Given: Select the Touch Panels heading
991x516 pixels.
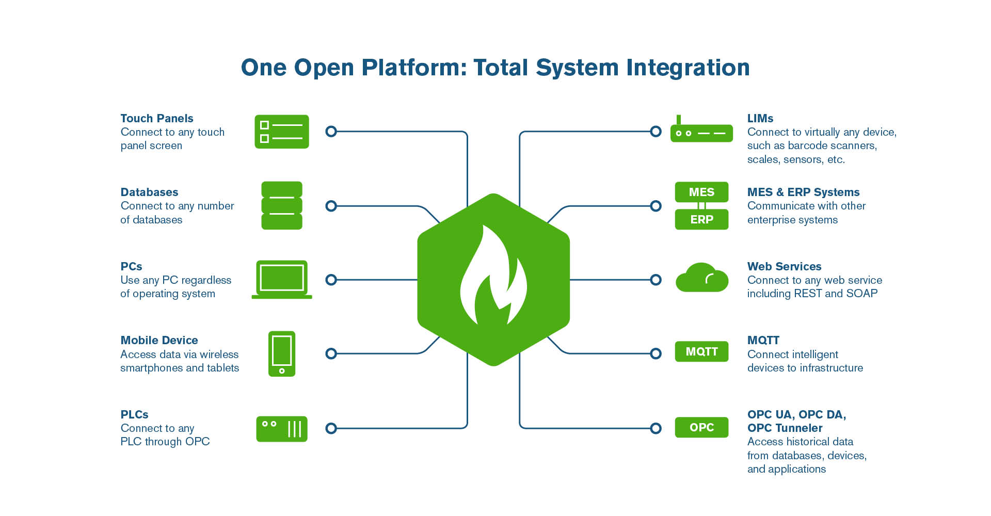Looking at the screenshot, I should tap(157, 118).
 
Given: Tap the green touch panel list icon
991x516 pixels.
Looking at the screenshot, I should tap(282, 132).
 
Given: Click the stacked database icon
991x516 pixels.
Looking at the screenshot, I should tap(282, 205).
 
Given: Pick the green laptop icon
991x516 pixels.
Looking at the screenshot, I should tap(282, 279).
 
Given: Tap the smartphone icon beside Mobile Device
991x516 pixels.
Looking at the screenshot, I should tap(282, 353).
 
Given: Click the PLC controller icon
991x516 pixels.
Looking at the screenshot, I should tap(282, 429).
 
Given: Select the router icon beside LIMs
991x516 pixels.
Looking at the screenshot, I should tap(701, 132).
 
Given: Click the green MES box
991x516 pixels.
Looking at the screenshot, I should tap(701, 192).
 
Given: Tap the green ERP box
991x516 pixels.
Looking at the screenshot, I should tap(701, 219).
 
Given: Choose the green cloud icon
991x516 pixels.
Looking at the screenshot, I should tap(701, 279).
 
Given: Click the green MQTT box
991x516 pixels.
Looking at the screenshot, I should tap(701, 351).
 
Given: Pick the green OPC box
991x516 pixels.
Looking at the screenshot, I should tap(701, 427).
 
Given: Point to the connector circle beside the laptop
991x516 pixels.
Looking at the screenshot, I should tap(331, 280).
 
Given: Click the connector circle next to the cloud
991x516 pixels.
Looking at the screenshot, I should tap(656, 280).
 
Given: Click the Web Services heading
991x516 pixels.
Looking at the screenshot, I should tap(784, 266).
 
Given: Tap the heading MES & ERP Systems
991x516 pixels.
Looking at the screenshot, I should tap(803, 192).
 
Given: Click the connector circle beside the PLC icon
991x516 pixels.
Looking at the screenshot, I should tap(331, 428).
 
